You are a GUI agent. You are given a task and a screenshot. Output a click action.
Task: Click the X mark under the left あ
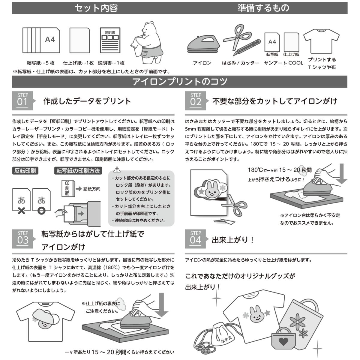coord(21,211)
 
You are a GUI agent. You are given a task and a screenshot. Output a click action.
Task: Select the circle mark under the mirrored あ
coord(41,211)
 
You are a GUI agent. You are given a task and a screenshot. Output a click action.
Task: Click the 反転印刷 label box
coord(25,171)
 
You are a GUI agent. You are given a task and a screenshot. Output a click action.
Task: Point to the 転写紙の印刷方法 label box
coord(78,171)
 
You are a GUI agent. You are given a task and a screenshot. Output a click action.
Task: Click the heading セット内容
coord(96,8)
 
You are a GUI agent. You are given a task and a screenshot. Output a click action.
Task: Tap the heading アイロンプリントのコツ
coord(180,82)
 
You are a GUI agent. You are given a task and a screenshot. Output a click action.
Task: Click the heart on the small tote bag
coord(283,341)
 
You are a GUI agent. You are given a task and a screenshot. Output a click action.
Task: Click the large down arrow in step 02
coord(341,174)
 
